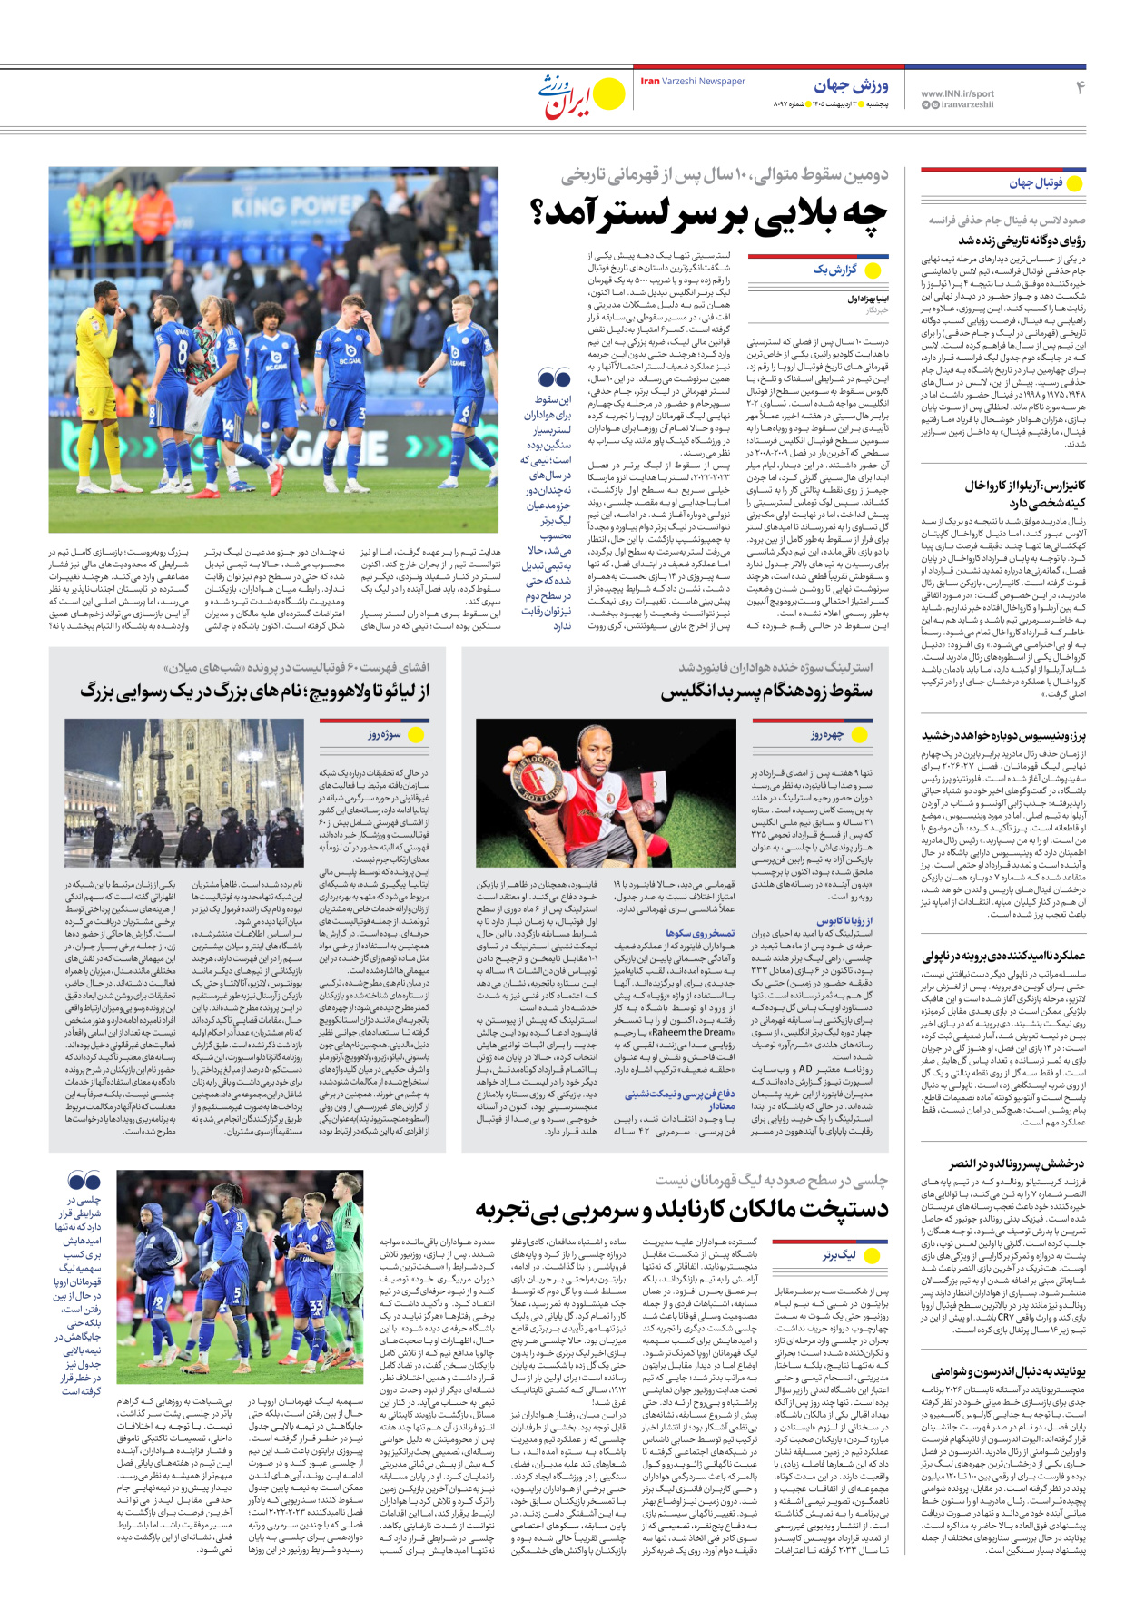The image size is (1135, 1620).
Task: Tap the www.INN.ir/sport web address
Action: tap(957, 93)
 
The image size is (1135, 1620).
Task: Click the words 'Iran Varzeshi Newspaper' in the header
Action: tap(693, 82)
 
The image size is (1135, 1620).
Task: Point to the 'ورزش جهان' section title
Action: tap(851, 86)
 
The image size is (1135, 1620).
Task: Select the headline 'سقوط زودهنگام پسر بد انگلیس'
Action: tap(766, 692)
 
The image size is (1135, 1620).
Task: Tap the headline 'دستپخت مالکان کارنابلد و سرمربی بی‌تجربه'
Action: tap(681, 1210)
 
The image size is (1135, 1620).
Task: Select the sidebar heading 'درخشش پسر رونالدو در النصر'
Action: tap(1017, 1163)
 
